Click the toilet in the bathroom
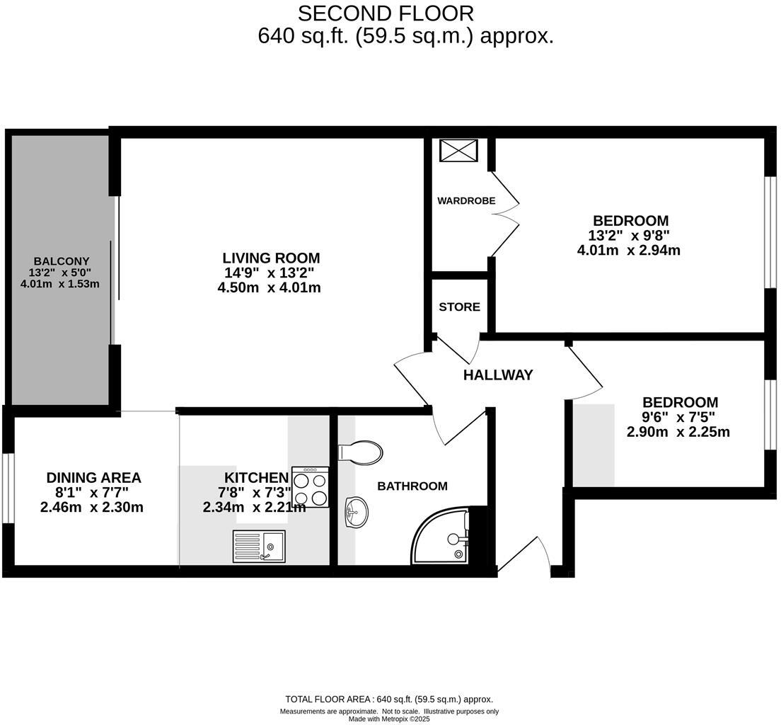(361, 452)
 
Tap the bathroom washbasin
(355, 512)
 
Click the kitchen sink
(259, 546)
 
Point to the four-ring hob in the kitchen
(310, 487)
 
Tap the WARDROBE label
(466, 200)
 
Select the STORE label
(459, 307)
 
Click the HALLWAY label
(498, 375)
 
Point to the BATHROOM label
(412, 486)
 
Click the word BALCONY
(61, 261)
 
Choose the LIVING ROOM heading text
(271, 258)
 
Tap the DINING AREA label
(93, 478)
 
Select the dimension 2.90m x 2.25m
(678, 432)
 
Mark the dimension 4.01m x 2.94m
(629, 250)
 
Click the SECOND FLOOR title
(386, 13)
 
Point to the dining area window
(7, 488)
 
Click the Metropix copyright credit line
(389, 719)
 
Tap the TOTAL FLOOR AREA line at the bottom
(389, 700)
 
